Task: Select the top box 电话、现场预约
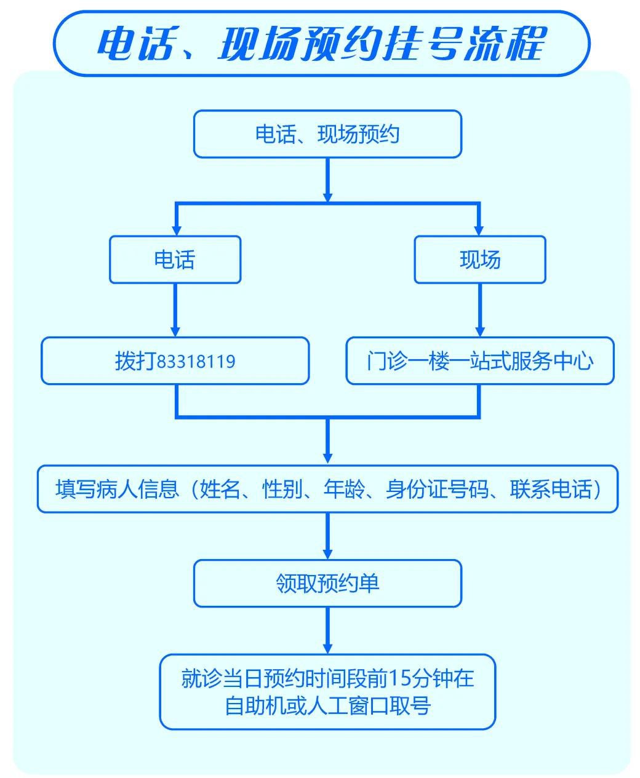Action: tap(327, 134)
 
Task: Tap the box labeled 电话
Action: tap(175, 260)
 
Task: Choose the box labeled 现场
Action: tap(480, 260)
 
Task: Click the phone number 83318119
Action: tap(196, 361)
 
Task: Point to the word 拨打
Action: tap(135, 361)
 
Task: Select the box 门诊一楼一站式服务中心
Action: tap(480, 361)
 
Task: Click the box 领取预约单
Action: tap(327, 583)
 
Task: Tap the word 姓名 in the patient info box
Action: tap(219, 490)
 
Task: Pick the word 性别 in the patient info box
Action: tap(281, 490)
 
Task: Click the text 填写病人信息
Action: tap(117, 490)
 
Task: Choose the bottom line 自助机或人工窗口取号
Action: tap(327, 705)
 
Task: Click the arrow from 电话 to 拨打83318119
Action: tap(176, 310)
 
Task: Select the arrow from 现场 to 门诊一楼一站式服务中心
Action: tap(480, 310)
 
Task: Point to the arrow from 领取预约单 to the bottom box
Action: tap(327, 630)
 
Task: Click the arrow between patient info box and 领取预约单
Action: tap(327, 536)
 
